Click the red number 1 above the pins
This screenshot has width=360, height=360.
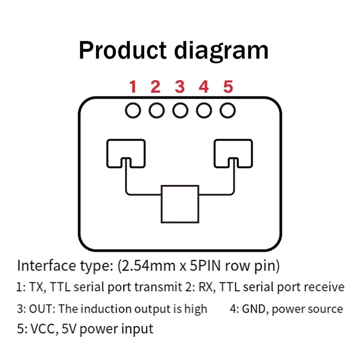(133, 86)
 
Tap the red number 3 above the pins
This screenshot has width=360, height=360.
(180, 86)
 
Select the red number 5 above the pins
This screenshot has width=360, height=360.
(228, 86)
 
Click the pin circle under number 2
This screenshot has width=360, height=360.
(157, 110)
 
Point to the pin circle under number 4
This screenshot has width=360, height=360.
(204, 110)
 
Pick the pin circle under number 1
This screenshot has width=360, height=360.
(133, 110)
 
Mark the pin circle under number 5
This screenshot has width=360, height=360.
(228, 110)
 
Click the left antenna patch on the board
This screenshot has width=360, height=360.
(126, 153)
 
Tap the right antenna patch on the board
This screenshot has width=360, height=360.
(233, 153)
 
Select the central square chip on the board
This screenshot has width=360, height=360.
(180, 203)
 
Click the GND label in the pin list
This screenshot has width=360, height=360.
(255, 309)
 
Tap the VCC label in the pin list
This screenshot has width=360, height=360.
(42, 328)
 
